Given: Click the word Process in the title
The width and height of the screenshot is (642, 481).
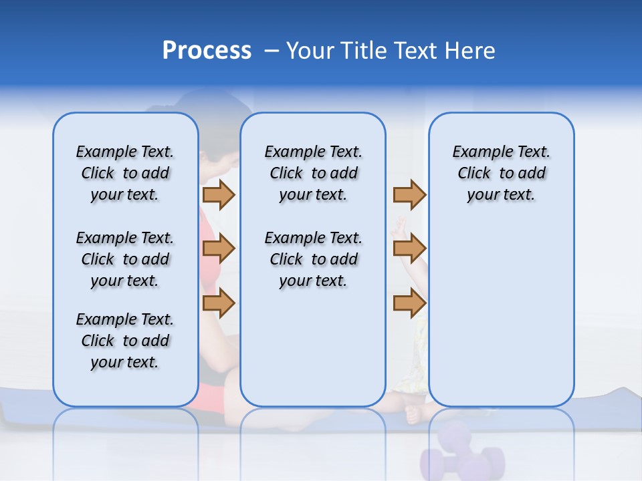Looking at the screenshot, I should pos(207,51).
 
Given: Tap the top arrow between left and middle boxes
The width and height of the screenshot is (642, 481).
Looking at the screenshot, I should pos(219,194).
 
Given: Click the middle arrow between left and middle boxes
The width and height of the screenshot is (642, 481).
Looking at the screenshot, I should pos(219,249).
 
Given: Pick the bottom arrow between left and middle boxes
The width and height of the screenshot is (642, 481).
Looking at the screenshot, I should pos(219,303).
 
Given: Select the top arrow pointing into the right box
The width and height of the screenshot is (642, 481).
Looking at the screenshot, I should pos(409,194).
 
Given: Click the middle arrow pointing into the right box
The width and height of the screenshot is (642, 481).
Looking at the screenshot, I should pos(409,249).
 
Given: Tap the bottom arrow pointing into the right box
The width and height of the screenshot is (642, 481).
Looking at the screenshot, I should pos(409,303).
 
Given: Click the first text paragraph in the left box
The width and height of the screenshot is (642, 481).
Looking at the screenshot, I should pos(125,173).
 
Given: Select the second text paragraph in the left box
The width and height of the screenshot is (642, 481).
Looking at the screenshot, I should pos(125,259).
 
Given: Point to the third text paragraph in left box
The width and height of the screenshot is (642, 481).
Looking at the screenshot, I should pos(125,341).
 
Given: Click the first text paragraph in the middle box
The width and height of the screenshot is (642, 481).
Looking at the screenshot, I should pos(313,173).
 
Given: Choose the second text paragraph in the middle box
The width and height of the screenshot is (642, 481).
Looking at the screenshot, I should pos(313,259).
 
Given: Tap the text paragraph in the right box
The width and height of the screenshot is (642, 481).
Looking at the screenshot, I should pos(501,173).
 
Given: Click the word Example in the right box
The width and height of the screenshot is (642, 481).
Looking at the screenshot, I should pos(477,152).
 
